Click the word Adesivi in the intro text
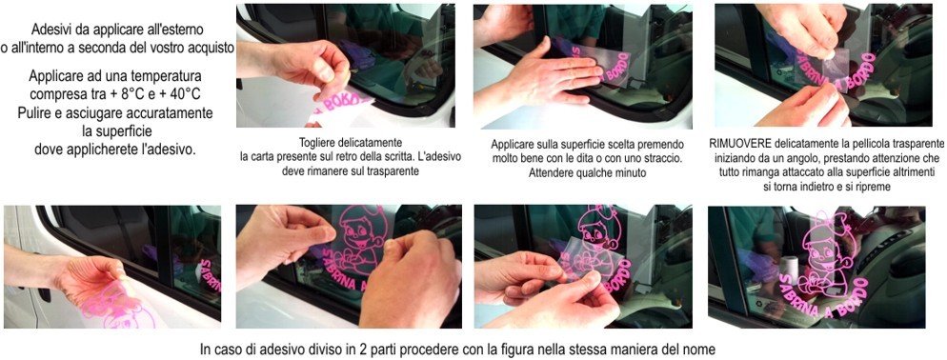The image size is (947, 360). [x=52, y=29]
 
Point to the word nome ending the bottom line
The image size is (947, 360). [x=701, y=349]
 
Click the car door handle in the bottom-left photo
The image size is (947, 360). [x=44, y=294]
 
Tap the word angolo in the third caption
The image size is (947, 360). [x=808, y=158]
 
